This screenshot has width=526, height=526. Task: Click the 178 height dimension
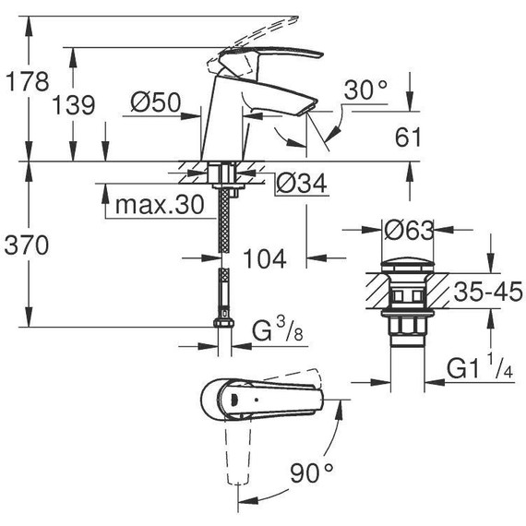pyautogui.click(x=25, y=80)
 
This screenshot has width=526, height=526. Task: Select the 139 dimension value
pyautogui.click(x=74, y=105)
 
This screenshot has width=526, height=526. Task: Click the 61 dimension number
pyautogui.click(x=407, y=137)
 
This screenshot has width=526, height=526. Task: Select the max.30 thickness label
pyautogui.click(x=158, y=205)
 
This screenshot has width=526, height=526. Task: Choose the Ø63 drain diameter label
pyautogui.click(x=409, y=228)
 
